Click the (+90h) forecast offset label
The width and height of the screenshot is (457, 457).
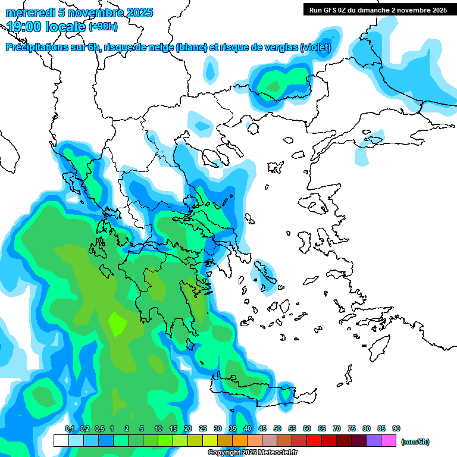click(x=103, y=27)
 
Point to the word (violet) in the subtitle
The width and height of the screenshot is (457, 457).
click(x=315, y=48)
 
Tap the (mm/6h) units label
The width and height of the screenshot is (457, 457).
click(x=415, y=442)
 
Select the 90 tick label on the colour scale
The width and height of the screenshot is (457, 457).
click(x=396, y=429)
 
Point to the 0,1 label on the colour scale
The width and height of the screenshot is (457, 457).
click(x=69, y=429)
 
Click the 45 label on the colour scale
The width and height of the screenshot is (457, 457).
click(x=262, y=429)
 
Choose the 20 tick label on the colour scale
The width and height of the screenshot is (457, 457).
click(x=188, y=429)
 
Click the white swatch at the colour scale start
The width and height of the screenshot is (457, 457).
click(x=61, y=441)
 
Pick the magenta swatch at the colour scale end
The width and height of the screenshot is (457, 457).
click(x=389, y=441)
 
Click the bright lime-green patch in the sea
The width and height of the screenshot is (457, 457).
click(x=117, y=324)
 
